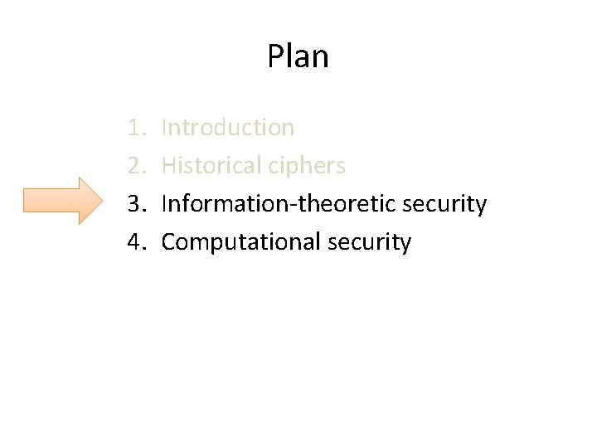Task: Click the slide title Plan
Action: (298, 56)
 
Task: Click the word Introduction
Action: (228, 128)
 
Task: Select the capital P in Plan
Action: (275, 56)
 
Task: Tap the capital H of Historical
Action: (168, 166)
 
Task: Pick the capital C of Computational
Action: (168, 242)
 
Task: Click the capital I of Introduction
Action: (164, 128)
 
